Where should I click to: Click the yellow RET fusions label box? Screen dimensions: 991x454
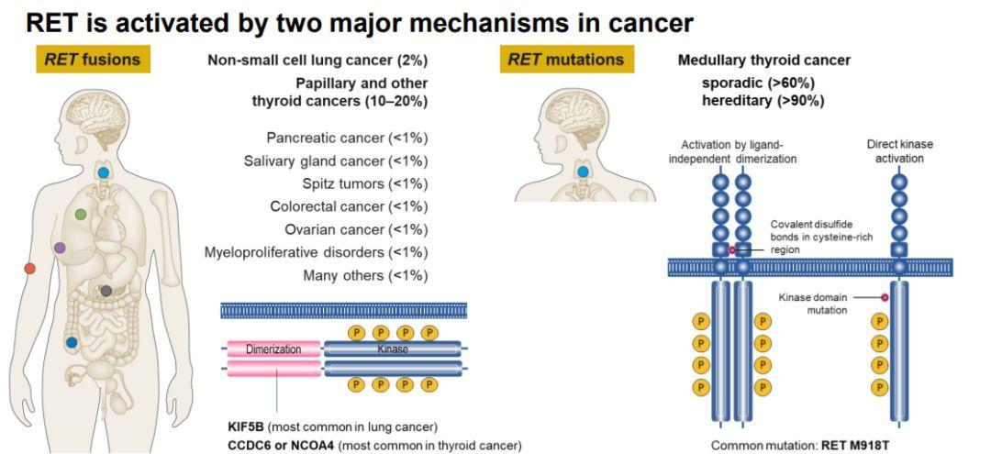(94, 60)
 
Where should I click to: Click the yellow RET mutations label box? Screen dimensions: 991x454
(565, 60)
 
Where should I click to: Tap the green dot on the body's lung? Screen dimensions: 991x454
(80, 214)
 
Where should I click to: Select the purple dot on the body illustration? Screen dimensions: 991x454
(60, 248)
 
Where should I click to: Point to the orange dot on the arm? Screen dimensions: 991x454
(29, 269)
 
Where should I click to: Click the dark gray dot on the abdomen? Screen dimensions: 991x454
(106, 291)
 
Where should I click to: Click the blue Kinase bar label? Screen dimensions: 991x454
(393, 349)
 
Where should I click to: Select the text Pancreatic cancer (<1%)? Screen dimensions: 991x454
(347, 138)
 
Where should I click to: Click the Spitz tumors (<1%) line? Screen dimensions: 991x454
(364, 183)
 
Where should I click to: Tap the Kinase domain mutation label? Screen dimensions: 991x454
(813, 303)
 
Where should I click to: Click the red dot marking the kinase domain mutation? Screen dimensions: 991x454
(885, 297)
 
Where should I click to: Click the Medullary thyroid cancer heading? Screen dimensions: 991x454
(764, 61)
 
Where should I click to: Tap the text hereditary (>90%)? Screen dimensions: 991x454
(763, 100)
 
